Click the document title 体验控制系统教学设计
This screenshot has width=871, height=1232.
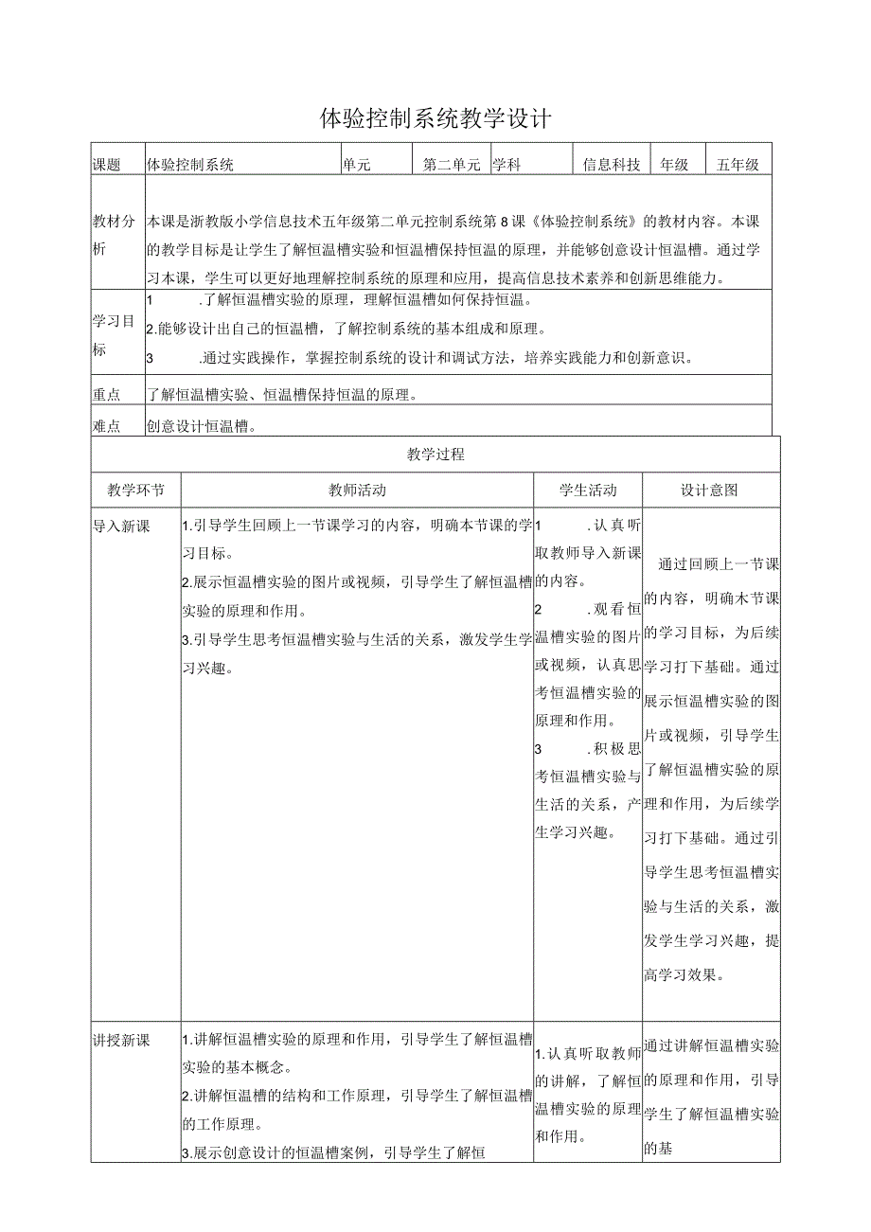click(x=435, y=119)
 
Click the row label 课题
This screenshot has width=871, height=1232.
click(x=106, y=165)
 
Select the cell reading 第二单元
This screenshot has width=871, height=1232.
click(x=452, y=165)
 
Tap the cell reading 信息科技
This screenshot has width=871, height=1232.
click(x=612, y=165)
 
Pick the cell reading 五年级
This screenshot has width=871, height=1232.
click(x=738, y=165)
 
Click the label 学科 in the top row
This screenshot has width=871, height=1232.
click(x=507, y=165)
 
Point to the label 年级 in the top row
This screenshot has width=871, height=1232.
click(x=674, y=165)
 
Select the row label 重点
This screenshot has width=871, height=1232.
click(x=106, y=394)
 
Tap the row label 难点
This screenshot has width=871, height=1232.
click(x=106, y=426)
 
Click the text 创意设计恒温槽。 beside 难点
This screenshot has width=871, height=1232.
click(x=203, y=426)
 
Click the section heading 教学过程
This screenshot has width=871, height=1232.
click(x=435, y=455)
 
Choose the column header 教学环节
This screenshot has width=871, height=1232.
click(x=135, y=491)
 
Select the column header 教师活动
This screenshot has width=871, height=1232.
click(x=357, y=491)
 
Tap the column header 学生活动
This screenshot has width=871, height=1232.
click(x=588, y=491)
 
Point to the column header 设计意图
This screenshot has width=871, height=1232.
click(x=710, y=491)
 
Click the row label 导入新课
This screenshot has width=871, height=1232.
click(x=121, y=527)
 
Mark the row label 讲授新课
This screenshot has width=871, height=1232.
click(x=121, y=1040)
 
